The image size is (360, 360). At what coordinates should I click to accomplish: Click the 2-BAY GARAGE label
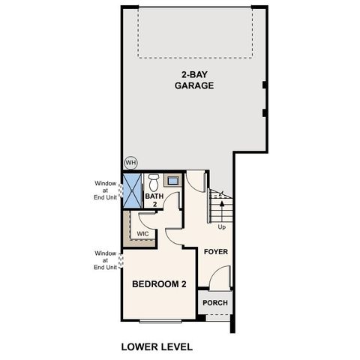click(194, 80)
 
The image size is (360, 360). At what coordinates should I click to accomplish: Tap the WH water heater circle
click(130, 162)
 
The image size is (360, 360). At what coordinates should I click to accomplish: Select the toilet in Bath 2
click(154, 181)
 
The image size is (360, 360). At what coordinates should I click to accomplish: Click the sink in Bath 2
click(172, 181)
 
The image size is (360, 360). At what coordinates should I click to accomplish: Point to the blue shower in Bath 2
click(132, 190)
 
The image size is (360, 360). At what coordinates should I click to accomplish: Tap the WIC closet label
click(142, 234)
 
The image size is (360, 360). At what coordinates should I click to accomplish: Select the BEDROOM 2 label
click(159, 284)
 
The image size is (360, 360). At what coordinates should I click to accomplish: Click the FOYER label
click(216, 252)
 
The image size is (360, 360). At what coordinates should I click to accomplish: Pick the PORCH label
click(215, 303)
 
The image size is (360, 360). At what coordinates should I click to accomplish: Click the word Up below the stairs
click(221, 226)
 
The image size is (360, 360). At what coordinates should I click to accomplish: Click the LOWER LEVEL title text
click(157, 347)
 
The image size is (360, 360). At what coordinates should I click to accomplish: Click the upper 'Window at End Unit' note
click(106, 190)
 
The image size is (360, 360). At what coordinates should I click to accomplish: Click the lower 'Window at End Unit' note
click(106, 260)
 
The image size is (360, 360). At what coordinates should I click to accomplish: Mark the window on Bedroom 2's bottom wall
click(160, 320)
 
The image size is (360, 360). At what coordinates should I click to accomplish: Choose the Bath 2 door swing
click(173, 201)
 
